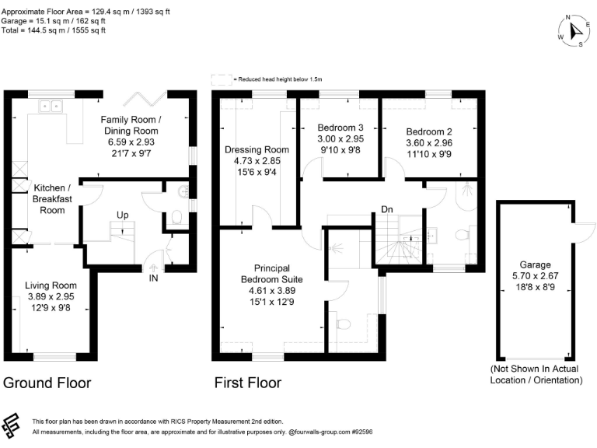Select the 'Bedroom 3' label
point(340,128)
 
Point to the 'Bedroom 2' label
point(428,131)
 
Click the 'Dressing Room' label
point(257,149)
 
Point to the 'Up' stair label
point(123,214)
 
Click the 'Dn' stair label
point(386,209)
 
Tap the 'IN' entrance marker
point(154,277)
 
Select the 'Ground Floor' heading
point(47,383)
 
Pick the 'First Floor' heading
point(248,383)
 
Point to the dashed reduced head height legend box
point(221,79)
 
